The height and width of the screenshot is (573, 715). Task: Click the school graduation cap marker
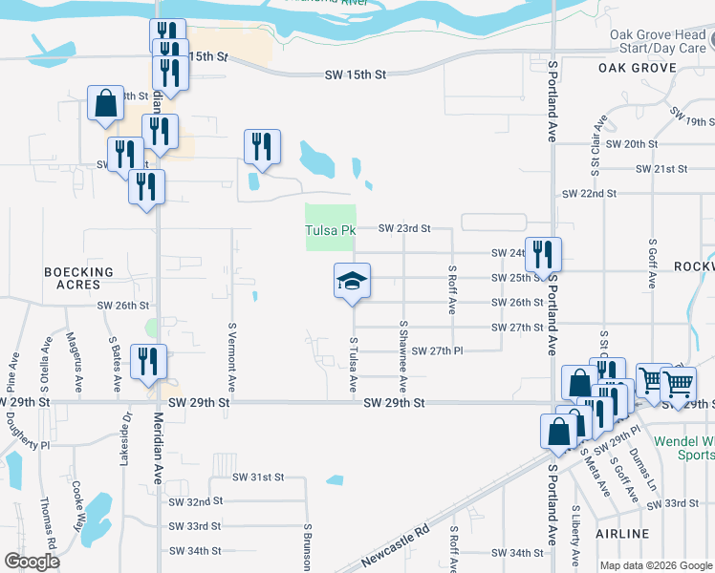click(352, 281)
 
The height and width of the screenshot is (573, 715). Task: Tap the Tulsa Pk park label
click(331, 230)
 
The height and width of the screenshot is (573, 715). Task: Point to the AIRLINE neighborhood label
click(622, 534)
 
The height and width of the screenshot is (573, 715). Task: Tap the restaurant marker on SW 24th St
click(543, 255)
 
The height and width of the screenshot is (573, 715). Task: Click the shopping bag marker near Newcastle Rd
click(556, 433)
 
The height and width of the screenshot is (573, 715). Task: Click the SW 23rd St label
click(405, 228)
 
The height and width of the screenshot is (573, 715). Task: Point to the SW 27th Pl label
click(439, 351)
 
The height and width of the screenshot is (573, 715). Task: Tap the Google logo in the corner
click(32, 562)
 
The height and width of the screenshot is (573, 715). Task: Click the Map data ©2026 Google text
click(656, 565)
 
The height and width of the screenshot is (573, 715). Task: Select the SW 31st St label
click(258, 477)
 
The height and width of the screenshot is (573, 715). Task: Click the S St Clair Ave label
click(600, 142)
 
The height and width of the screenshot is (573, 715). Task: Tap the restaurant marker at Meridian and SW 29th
click(148, 363)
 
